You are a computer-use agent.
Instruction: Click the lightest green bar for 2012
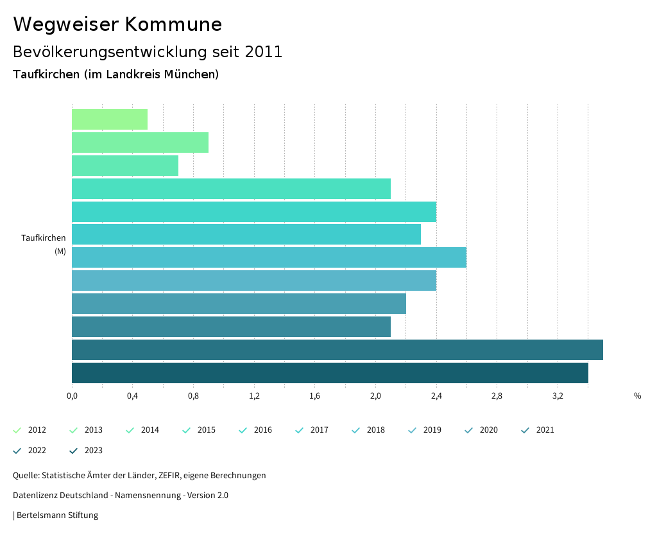[110, 119]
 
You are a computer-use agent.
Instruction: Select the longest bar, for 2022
[337, 350]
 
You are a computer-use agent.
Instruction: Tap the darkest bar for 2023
[330, 373]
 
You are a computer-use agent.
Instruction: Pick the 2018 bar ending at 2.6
[269, 257]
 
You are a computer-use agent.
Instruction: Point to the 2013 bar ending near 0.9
[140, 143]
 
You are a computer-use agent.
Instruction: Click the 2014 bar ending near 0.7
[125, 166]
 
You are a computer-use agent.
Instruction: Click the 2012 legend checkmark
[17, 430]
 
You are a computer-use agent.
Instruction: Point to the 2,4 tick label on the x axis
[436, 396]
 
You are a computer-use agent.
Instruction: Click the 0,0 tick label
[72, 396]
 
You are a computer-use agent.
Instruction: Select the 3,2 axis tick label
[558, 396]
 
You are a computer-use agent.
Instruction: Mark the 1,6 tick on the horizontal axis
[314, 396]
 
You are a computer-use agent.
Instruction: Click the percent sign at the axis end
[637, 396]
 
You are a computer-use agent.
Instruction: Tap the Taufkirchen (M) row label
[44, 244]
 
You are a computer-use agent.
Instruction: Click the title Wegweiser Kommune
[117, 24]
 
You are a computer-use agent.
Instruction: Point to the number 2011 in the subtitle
[264, 52]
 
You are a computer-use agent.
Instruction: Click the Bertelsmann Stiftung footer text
[57, 515]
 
